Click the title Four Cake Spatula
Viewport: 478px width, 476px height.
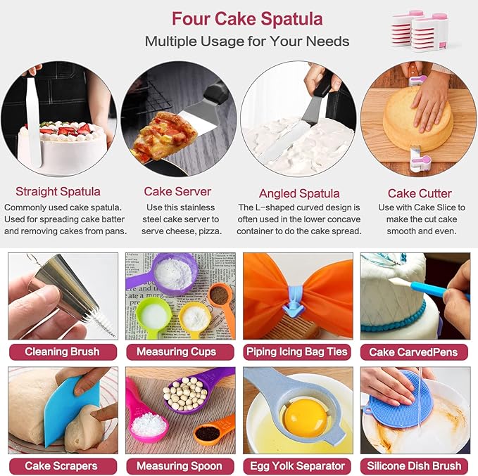(x=247, y=18)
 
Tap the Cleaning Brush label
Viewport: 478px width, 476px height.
(x=63, y=351)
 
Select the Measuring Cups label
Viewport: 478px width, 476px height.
(x=180, y=351)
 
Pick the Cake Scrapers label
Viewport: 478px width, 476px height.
(x=63, y=465)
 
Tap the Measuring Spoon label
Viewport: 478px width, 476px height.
(x=180, y=465)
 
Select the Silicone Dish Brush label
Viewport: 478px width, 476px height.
(x=415, y=465)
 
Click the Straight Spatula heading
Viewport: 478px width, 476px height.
(x=58, y=191)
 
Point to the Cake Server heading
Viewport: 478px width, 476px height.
(x=177, y=191)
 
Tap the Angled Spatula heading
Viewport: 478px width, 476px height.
(x=299, y=193)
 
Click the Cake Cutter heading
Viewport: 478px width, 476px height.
(x=420, y=193)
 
